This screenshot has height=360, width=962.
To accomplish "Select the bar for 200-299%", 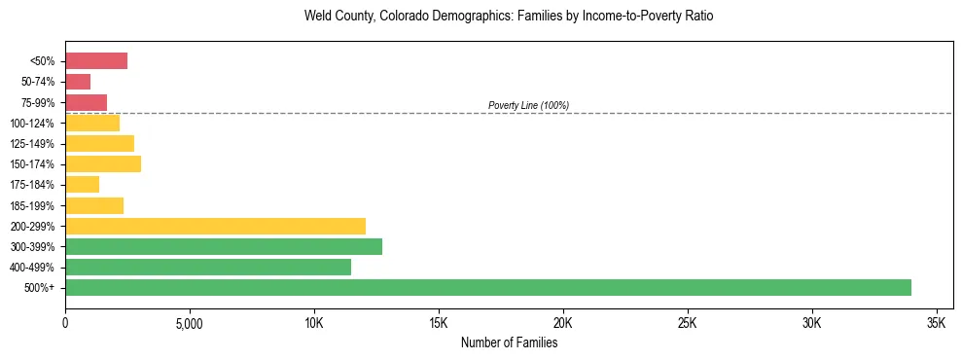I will click(215, 226).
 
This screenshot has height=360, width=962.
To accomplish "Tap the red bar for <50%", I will click(96, 61).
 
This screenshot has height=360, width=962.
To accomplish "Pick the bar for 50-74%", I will click(78, 82).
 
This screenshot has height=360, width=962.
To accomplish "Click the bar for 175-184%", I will click(82, 185).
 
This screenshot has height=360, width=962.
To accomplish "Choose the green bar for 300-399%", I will click(224, 246).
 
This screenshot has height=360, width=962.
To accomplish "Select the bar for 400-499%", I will click(208, 267).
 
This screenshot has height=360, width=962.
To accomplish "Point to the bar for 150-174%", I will click(103, 163).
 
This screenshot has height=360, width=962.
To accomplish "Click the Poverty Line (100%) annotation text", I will click(528, 105).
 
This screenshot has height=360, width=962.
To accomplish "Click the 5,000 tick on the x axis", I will click(190, 322).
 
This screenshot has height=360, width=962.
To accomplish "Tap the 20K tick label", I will click(563, 322).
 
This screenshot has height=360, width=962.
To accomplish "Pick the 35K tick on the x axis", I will click(937, 322).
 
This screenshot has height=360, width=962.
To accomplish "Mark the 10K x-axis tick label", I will click(314, 322).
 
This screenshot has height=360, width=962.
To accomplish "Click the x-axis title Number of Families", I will click(509, 342).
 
